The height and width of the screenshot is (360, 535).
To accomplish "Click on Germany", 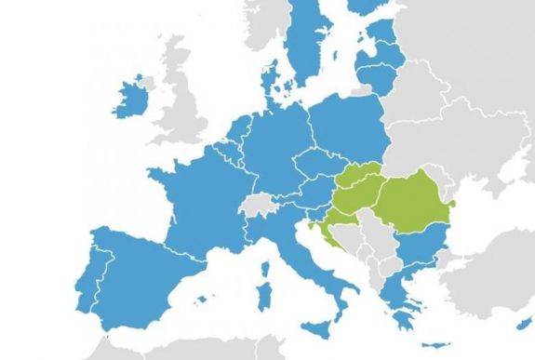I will pos(270,149).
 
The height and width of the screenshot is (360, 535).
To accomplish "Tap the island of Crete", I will pos(415,345).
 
